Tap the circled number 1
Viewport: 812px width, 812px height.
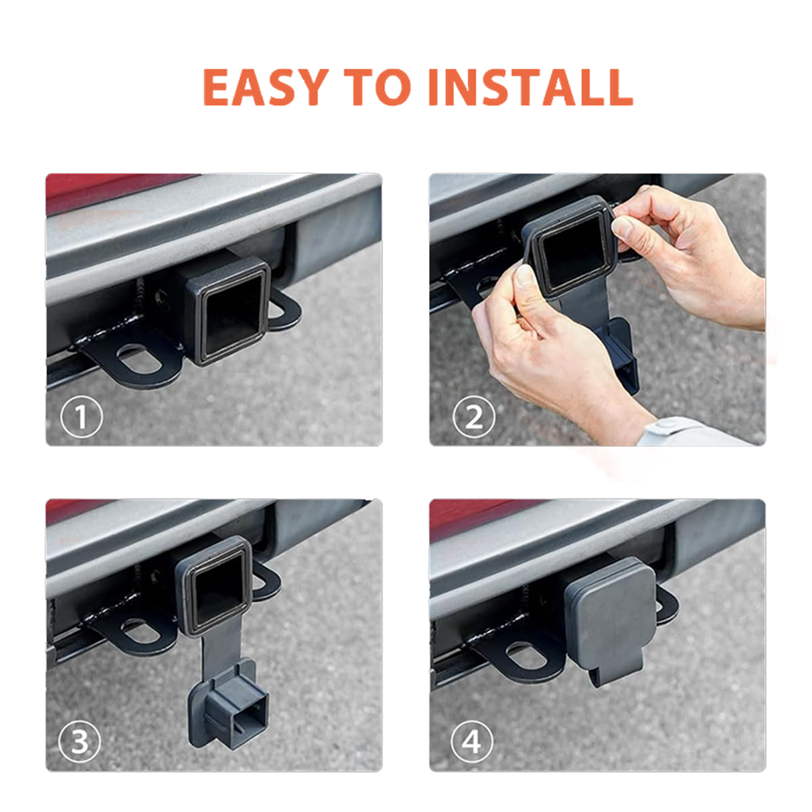pos(81,417)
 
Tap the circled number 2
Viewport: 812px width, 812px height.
pos(473,417)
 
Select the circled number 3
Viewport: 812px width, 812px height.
pos(80,742)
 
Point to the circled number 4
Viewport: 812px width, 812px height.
pos(472,742)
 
